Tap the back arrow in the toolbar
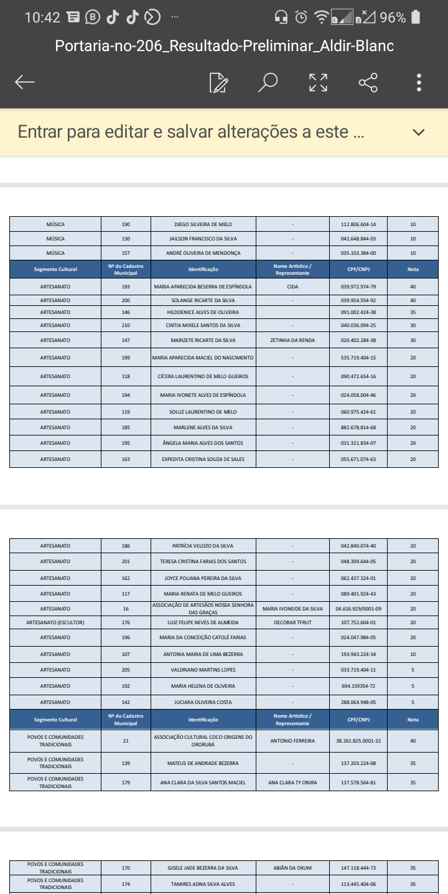point(25,82)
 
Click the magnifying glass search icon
point(268,82)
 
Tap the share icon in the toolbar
point(368,82)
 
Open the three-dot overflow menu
point(419,82)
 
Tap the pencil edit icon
point(218,82)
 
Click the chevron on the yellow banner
point(419,132)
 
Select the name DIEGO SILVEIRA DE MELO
point(203,224)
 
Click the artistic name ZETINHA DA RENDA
point(292,340)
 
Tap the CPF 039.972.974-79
point(358,287)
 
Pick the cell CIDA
point(292,287)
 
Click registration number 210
point(126,325)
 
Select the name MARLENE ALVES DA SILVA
point(203,427)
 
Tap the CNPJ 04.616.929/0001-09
point(358,609)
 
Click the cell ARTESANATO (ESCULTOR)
point(55,622)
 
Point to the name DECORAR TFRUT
point(292,622)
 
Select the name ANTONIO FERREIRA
point(292,741)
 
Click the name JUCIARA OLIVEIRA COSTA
point(203,702)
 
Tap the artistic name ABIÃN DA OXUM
point(292,868)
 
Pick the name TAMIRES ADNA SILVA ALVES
point(203,884)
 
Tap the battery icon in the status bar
point(416,17)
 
